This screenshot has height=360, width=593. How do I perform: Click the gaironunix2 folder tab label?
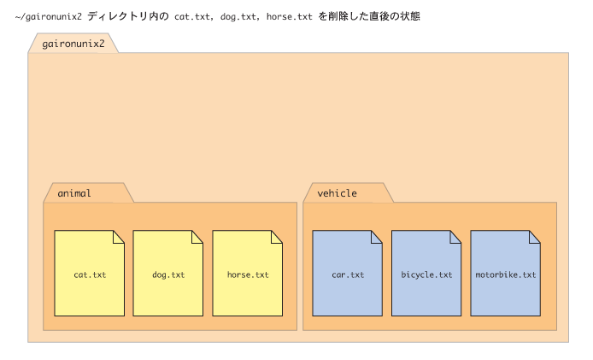(x=73, y=44)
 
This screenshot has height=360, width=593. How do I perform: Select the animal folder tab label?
(x=74, y=193)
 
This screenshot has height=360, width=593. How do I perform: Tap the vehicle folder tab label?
(x=337, y=193)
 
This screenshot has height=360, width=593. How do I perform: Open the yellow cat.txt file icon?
(x=89, y=273)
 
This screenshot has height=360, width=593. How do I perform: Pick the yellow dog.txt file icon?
(x=168, y=273)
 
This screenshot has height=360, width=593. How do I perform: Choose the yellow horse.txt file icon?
(x=247, y=273)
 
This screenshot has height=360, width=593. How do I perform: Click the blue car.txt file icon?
(x=347, y=273)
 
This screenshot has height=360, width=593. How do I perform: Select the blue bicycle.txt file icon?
(x=426, y=273)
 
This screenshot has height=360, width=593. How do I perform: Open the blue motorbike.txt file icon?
(x=505, y=273)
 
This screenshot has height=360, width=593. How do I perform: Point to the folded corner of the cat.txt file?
(x=119, y=237)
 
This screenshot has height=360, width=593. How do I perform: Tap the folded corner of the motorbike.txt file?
(x=535, y=237)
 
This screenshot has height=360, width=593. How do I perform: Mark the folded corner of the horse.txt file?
(x=277, y=237)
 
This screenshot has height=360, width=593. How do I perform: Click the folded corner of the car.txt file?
(x=377, y=237)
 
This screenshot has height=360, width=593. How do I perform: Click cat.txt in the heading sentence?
(x=192, y=16)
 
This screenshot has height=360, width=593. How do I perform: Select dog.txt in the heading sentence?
(x=238, y=17)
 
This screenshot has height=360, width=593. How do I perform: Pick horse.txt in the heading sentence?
(x=290, y=16)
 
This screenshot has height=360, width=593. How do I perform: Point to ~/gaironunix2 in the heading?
(x=49, y=16)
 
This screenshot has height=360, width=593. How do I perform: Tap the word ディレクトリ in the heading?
(x=118, y=16)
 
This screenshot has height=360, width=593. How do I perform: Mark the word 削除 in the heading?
(x=338, y=16)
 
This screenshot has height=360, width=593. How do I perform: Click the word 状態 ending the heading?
(x=410, y=16)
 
